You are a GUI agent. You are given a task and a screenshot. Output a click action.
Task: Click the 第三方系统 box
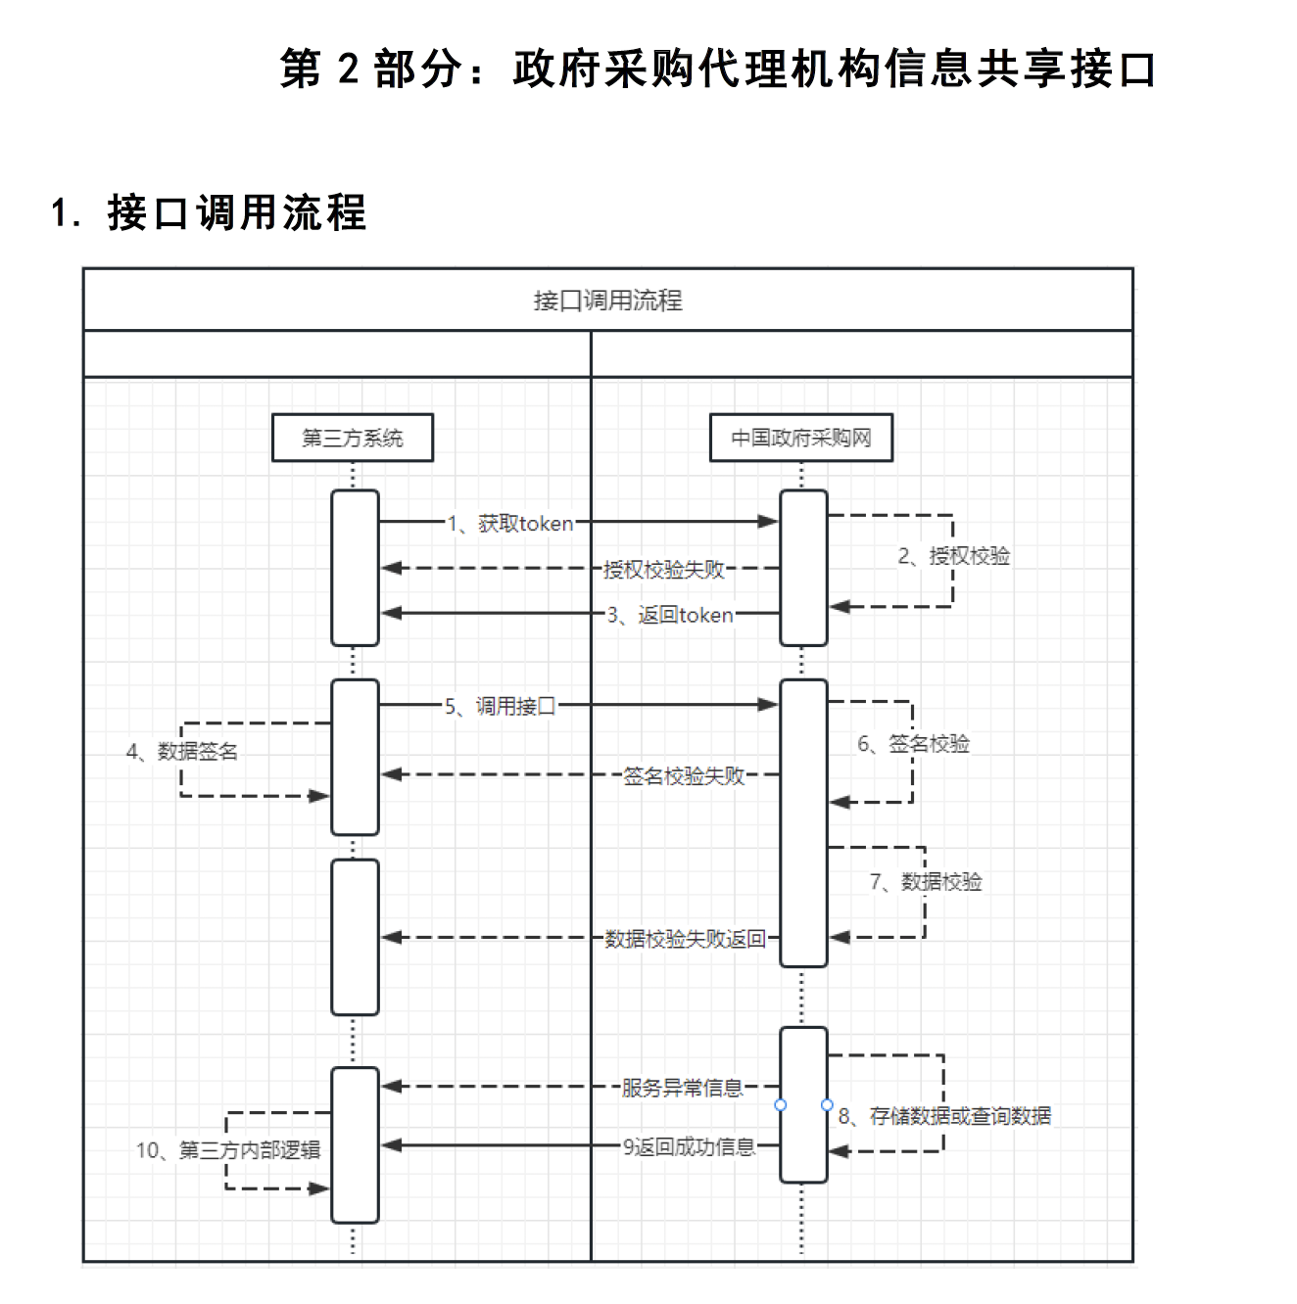[x=353, y=438]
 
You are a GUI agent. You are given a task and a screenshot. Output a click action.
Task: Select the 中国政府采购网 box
[x=800, y=438]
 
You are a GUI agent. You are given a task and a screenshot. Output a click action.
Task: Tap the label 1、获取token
[x=510, y=524]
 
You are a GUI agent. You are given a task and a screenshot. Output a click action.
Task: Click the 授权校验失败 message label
[x=664, y=569]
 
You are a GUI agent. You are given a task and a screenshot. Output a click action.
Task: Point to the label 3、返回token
[x=670, y=615]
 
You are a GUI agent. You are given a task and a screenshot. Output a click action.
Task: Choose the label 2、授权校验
[x=953, y=556]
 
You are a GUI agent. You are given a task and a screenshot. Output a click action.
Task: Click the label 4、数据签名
[x=182, y=751]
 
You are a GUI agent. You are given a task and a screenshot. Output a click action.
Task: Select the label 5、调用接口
[x=500, y=706]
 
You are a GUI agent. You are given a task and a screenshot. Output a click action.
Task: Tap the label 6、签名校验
[x=913, y=744]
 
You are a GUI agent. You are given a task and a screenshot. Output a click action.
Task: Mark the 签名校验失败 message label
[x=684, y=776]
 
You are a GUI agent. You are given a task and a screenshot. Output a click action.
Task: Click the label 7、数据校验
[x=926, y=882]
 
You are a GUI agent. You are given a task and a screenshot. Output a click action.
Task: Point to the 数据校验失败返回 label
[x=685, y=939]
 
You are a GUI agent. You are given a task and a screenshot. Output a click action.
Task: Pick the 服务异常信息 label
[x=683, y=1088]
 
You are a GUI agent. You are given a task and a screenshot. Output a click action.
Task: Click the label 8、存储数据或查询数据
[x=944, y=1116]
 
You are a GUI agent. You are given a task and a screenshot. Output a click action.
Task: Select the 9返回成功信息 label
[x=689, y=1146]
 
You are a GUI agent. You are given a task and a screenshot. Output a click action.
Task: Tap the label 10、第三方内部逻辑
[x=228, y=1150]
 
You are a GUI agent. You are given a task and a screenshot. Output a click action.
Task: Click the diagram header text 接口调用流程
[x=607, y=301]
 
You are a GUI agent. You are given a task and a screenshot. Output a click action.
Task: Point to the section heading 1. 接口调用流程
[x=208, y=212]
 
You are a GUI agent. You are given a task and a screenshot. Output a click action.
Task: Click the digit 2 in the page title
[x=349, y=69]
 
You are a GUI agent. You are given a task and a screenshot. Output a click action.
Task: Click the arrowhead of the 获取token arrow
[x=769, y=522]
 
